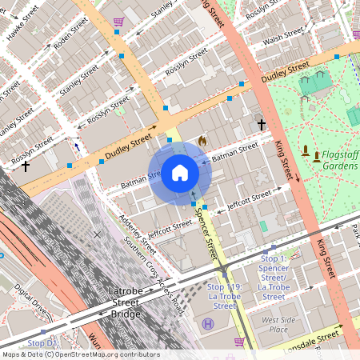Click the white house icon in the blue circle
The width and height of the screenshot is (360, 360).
pos(180,173)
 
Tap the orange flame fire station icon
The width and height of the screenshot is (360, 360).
pos(202,141)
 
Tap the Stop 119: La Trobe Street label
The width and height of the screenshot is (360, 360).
pos(222,296)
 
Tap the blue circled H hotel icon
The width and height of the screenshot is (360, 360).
pos(209,323)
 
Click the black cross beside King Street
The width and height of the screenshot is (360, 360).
pos(261,124)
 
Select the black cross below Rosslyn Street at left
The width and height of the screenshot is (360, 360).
pos(26,166)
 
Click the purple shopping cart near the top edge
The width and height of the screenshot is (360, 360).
pos(118,22)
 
